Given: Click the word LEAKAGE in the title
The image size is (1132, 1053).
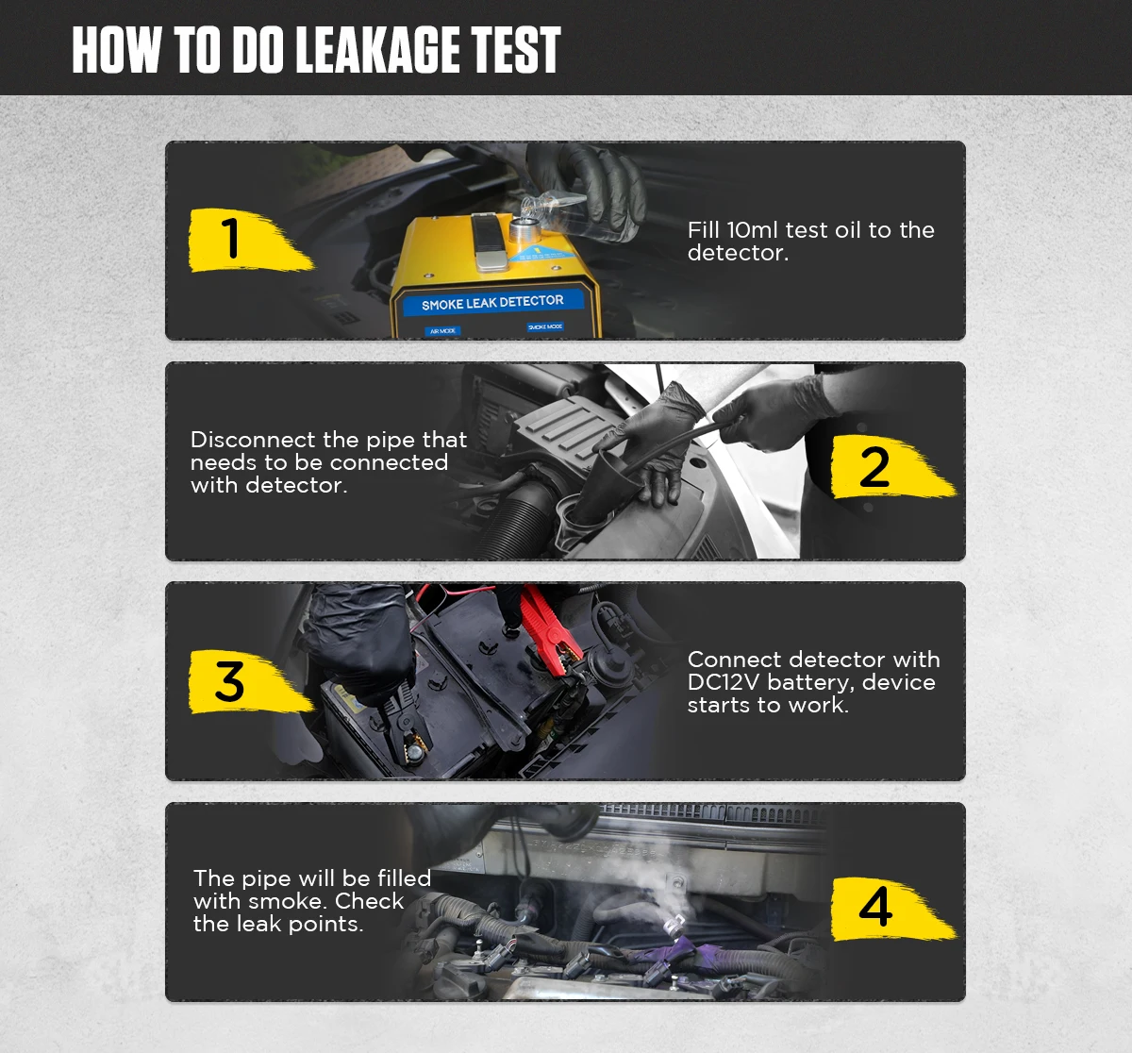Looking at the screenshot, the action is coord(378,50).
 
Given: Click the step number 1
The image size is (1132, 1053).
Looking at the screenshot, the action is coord(230,239).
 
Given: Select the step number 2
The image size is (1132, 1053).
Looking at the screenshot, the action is coord(874,467).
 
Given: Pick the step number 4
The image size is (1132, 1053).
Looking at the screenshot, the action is coord(874,906).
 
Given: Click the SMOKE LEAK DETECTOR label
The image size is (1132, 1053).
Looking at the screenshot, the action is coord(492,302).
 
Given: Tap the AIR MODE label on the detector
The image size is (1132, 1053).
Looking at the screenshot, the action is coord(442,330).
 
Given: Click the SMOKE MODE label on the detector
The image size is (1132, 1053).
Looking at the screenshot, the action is coord(545,326).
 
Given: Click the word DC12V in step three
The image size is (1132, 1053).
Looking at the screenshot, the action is coord(724,682).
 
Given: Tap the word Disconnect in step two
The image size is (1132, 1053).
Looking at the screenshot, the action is coord(253,440).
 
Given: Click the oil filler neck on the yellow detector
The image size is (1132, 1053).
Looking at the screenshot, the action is coord(524,230).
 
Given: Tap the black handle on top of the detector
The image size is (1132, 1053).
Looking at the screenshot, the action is coord(489,241).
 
